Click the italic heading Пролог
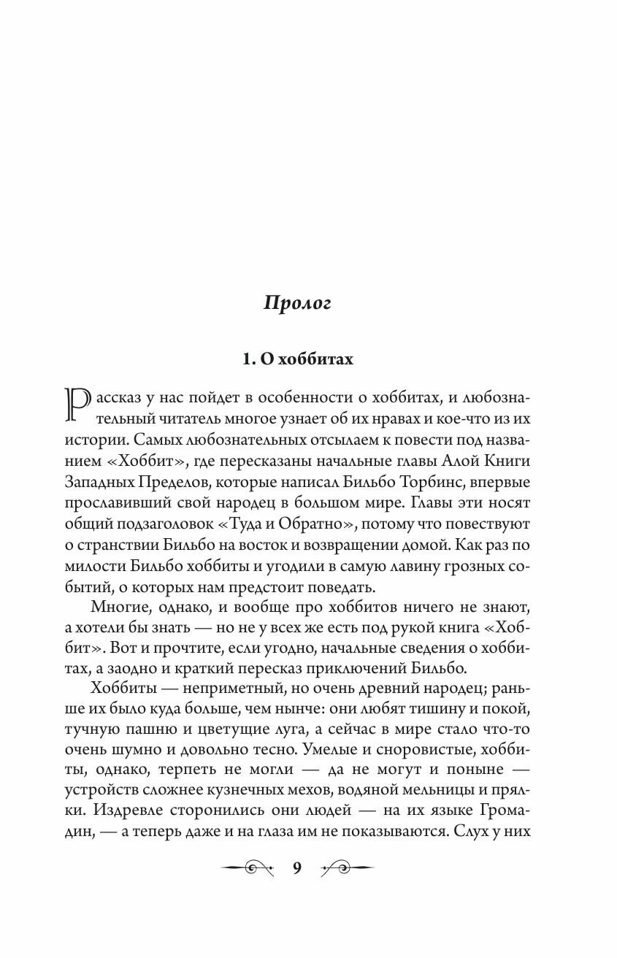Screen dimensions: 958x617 tap(298, 304)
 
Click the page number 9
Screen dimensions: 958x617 tap(297, 867)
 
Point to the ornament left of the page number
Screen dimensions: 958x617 tap(249, 867)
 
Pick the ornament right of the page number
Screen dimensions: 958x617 tap(346, 867)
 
